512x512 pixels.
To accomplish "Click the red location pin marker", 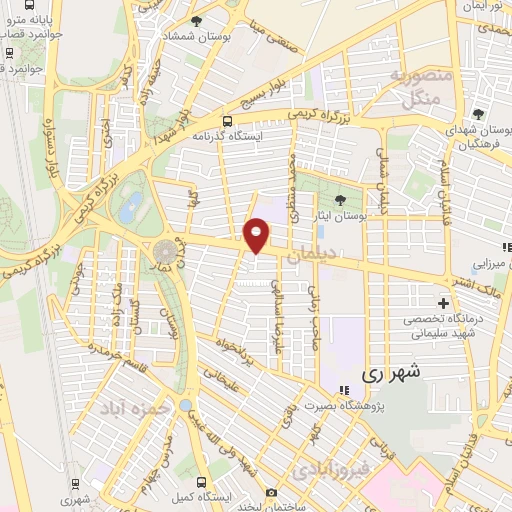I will pyautogui.click(x=257, y=234).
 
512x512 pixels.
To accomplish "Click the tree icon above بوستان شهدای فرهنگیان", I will pyautogui.click(x=479, y=113).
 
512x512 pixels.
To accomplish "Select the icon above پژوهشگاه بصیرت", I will pyautogui.click(x=344, y=390).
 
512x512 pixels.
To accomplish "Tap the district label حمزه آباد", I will pyautogui.click(x=131, y=408).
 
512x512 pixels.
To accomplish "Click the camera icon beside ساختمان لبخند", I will pyautogui.click(x=271, y=492).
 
